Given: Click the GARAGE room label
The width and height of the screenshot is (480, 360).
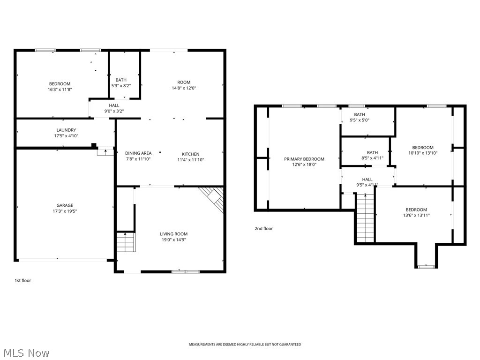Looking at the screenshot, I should (65, 205).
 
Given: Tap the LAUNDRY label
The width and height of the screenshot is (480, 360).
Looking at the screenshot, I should (66, 130).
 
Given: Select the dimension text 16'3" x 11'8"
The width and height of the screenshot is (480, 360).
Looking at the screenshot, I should (60, 89).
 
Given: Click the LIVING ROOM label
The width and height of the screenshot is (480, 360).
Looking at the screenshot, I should (173, 234).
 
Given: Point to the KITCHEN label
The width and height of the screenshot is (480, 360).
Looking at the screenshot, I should (191, 154).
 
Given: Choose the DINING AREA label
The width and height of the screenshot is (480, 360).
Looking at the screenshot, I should (138, 153).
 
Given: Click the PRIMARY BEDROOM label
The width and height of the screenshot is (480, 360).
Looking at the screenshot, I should (304, 159).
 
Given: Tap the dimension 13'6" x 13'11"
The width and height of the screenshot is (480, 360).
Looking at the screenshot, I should (416, 215).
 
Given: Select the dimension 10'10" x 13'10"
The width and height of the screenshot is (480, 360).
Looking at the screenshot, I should (422, 153).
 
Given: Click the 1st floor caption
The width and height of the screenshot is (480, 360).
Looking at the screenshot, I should (22, 280).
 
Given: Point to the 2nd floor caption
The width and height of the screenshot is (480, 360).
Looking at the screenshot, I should (263, 229).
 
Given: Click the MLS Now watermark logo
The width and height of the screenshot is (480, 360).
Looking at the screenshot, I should (26, 352).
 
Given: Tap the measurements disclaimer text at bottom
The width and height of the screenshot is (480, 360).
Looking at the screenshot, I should (245, 345).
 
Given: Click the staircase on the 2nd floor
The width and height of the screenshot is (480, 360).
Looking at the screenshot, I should (366, 219).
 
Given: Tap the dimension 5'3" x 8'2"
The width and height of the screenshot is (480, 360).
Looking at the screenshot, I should (121, 86).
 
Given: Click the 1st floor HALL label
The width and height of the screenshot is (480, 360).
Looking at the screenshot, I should (114, 105).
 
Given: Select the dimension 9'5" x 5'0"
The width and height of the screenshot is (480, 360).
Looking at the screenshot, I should (360, 120).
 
